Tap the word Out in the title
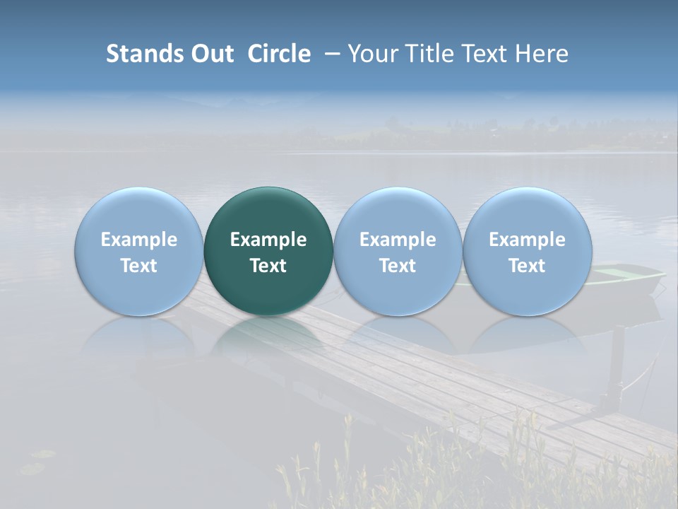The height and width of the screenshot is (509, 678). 210,54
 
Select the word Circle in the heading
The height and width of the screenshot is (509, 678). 279,54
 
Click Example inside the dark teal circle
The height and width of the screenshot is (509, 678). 268,240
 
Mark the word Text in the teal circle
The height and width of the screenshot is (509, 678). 268,266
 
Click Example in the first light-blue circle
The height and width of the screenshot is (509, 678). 139,240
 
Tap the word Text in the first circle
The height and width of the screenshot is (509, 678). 139,266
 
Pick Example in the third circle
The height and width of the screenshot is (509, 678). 398,240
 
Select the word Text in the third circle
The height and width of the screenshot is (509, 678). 398,266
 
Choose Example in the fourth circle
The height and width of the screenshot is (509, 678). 527,240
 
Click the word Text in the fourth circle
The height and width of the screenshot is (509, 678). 527,266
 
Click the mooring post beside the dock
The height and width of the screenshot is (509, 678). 616,368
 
